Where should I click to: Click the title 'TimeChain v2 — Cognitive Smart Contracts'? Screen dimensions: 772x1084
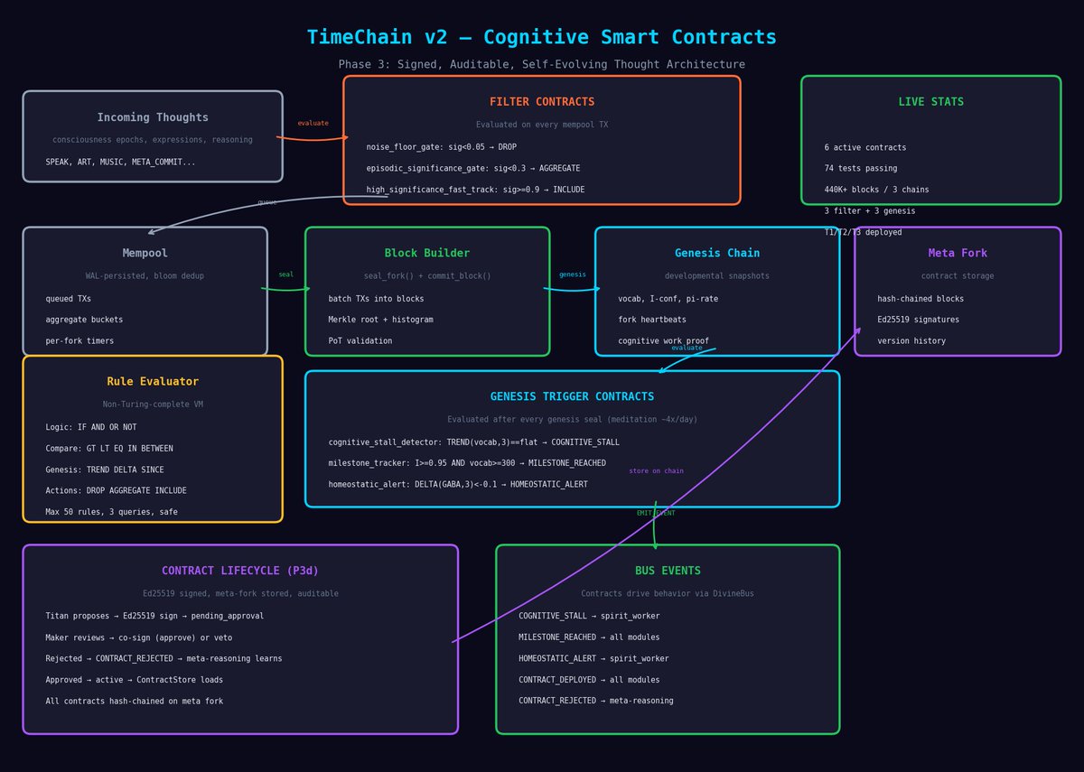541,38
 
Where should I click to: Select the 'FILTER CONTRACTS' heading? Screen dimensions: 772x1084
542,102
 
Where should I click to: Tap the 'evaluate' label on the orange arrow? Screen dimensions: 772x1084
313,124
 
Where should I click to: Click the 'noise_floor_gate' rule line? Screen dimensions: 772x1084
441,147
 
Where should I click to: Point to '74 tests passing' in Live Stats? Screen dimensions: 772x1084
860,169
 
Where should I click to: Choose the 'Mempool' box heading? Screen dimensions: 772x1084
145,254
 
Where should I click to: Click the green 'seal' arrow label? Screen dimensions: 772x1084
285,274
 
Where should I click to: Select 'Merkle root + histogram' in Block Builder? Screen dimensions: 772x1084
380,320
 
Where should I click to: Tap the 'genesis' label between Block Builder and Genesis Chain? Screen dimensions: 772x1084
572,274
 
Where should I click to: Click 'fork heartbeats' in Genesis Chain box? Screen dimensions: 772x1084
651,320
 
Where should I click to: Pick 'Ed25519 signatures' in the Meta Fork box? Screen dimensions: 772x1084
918,320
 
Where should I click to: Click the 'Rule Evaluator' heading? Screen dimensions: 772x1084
153,382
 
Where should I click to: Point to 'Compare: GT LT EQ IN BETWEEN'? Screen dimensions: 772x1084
108,449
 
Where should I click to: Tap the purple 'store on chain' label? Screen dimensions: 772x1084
656,471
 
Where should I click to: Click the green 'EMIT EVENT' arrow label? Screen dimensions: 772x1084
656,513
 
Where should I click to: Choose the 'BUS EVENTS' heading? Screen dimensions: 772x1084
668,572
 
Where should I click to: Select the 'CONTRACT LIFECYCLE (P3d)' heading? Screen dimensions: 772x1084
240,572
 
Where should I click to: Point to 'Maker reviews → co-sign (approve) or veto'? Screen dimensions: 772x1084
138,637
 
